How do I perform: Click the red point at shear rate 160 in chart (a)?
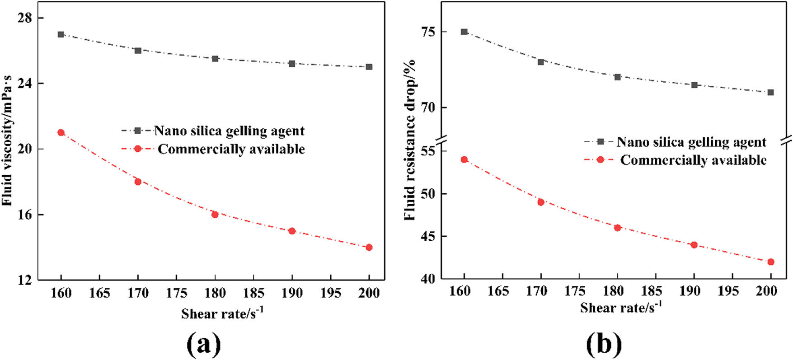tap(61, 132)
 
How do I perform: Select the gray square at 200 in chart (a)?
tap(369, 67)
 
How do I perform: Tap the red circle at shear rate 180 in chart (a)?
tap(215, 215)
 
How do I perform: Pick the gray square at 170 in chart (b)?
tap(541, 62)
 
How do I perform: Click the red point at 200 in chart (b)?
tap(771, 262)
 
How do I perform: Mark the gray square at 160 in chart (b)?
tap(464, 32)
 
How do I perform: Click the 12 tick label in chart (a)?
tap(25, 280)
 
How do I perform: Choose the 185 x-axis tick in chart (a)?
tap(253, 293)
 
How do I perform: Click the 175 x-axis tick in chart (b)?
tap(575, 291)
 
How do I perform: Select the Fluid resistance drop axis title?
tap(410, 140)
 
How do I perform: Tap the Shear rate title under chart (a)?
tap(222, 313)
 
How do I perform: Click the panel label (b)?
tap(604, 345)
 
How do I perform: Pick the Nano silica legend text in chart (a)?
tap(229, 131)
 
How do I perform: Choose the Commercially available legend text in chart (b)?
tap(693, 160)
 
